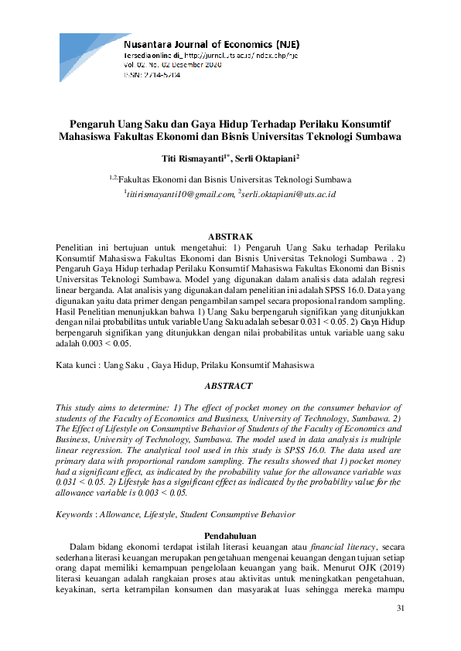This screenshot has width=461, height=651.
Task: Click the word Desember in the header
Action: coord(200,66)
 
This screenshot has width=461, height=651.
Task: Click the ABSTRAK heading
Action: coord(230,236)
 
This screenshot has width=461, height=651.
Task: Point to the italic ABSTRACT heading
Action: coord(230,384)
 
